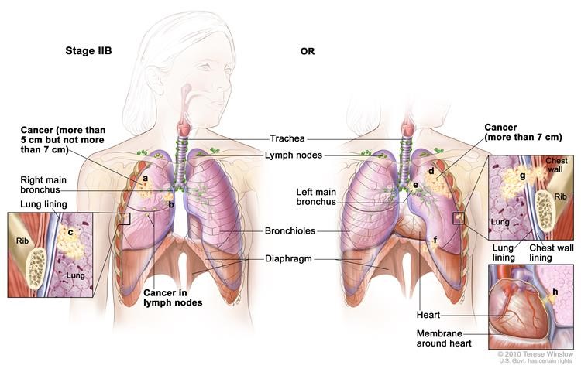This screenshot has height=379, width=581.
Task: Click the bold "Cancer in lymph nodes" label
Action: coord(172,298)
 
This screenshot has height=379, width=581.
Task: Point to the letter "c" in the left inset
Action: coord(70,230)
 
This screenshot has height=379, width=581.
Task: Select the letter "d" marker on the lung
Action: coord(431,170)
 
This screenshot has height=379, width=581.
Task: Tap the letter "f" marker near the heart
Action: coord(435,240)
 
